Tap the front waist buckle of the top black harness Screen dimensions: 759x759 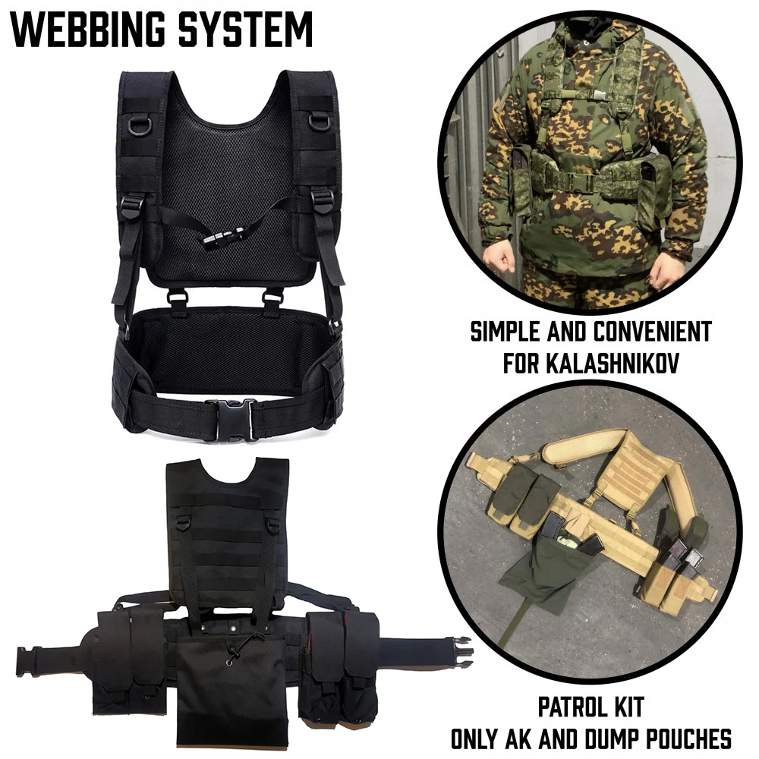click(230, 419)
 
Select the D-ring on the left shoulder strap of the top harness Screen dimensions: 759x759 click(140, 124)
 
